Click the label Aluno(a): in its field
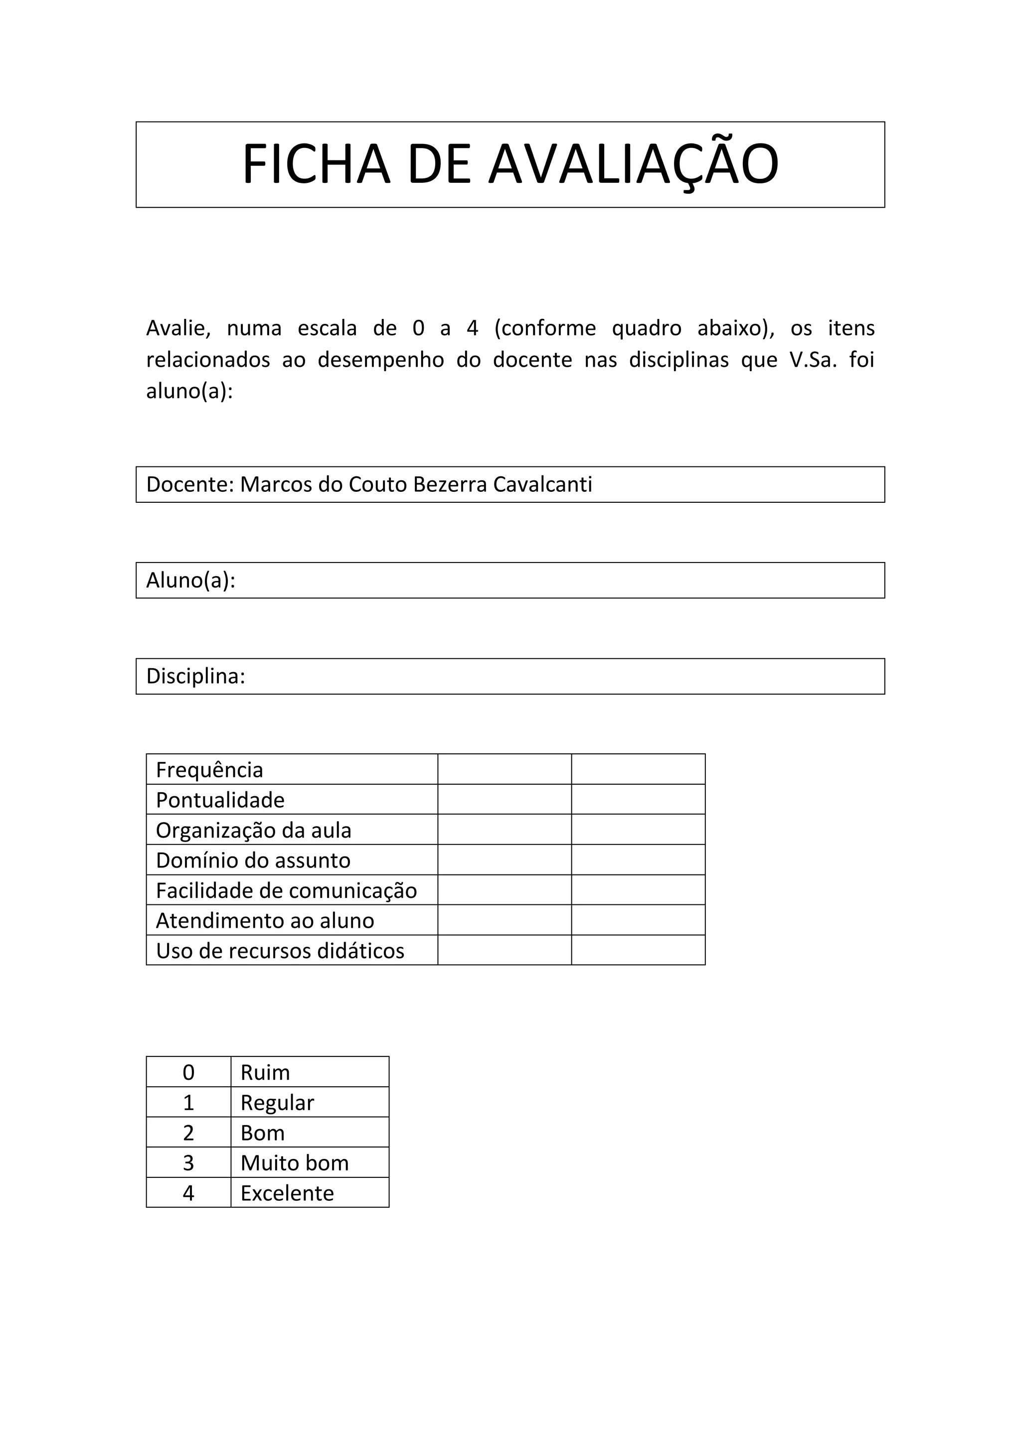tap(190, 580)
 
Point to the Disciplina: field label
tap(195, 676)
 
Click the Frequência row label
tap(209, 770)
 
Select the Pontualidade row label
tap(220, 800)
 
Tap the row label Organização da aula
tap(253, 830)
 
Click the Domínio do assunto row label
tap(253, 861)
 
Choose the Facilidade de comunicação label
tap(286, 890)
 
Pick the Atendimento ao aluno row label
tap(265, 921)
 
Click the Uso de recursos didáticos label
tap(280, 951)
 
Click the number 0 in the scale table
tap(188, 1073)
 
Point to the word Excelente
tap(287, 1193)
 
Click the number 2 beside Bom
tap(188, 1133)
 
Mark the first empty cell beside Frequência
tap(504, 769)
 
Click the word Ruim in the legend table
tap(265, 1073)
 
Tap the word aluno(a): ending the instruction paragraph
tap(189, 392)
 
